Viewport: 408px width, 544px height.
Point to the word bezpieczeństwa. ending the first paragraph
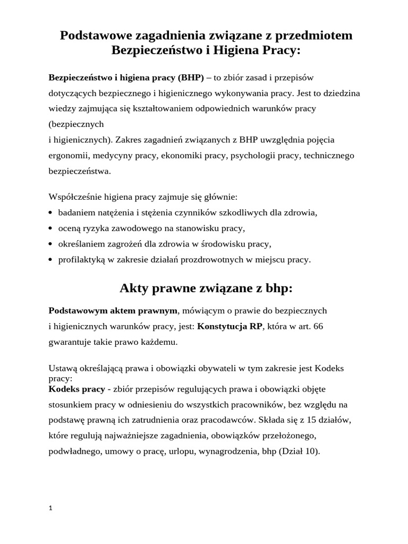pos(80,171)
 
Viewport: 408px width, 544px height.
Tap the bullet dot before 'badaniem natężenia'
pos(50,212)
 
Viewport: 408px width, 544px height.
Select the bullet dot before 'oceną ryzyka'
pos(50,228)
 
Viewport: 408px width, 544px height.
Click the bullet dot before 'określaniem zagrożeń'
pos(50,244)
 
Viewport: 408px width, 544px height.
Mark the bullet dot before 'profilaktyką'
pos(50,260)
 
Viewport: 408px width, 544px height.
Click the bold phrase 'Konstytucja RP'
pos(230,326)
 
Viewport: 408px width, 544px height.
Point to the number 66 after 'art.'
pos(318,326)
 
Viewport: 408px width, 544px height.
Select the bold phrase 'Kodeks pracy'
pos(76,389)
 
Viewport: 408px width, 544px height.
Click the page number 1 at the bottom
pos(50,508)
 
